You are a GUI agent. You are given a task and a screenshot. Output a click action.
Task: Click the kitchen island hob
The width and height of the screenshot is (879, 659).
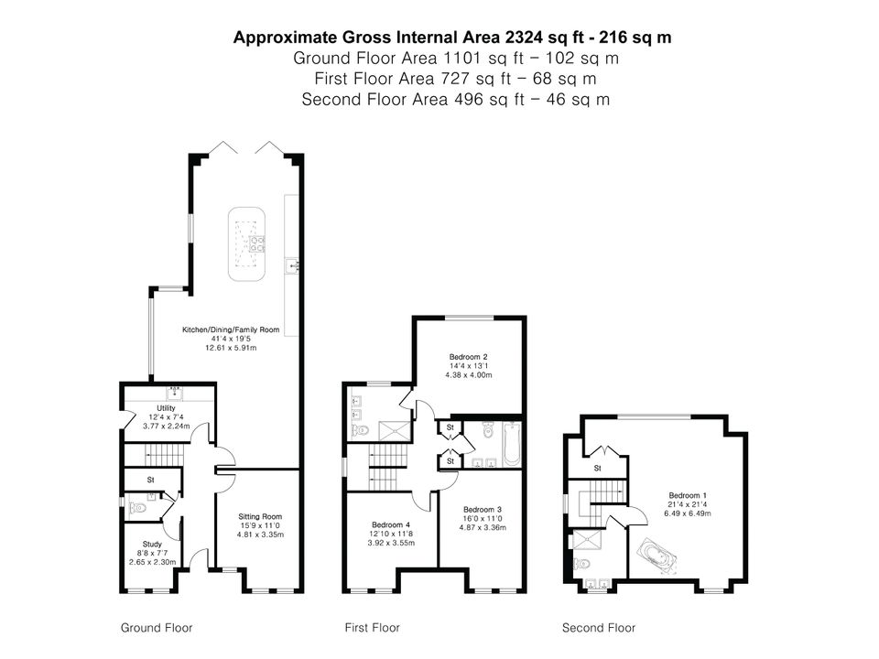click(x=257, y=244)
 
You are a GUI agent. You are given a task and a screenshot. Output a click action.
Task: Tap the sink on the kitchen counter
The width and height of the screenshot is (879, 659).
click(x=292, y=266)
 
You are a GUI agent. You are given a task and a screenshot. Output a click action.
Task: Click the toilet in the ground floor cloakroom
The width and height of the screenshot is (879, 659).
click(x=138, y=508)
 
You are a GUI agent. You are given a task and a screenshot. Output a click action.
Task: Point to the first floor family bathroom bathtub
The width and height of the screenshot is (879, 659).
click(x=512, y=445)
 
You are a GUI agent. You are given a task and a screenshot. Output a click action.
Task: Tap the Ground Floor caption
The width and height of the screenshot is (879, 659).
click(x=157, y=628)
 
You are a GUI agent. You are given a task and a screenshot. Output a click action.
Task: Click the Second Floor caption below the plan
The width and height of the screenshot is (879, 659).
click(x=599, y=628)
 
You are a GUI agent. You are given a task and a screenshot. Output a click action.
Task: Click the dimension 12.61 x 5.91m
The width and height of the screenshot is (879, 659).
click(x=231, y=348)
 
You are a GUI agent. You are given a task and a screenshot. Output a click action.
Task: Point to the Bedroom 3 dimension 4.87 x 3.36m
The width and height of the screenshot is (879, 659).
click(x=483, y=527)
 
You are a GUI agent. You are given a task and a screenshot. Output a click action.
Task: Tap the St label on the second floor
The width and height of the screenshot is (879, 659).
click(x=598, y=469)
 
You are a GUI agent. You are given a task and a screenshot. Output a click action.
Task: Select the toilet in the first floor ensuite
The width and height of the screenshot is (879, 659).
click(x=361, y=431)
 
